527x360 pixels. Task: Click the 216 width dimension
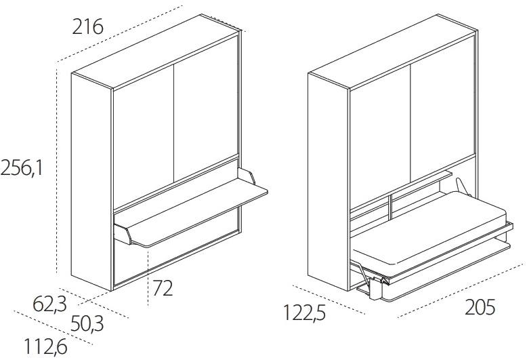[87, 27]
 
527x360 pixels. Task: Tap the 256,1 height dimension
[22, 167]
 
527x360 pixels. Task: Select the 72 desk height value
[163, 288]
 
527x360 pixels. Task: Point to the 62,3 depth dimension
[49, 304]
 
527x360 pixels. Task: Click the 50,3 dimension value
[87, 323]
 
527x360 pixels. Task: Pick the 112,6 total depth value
[45, 346]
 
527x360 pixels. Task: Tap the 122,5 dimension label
[305, 313]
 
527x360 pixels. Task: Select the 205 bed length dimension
[480, 307]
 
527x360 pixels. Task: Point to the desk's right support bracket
[247, 176]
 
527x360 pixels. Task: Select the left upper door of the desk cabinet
[144, 136]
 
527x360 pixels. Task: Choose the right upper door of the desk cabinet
[206, 108]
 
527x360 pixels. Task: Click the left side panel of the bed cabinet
[329, 182]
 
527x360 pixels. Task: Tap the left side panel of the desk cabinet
[91, 182]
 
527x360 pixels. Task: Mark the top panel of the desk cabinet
[156, 52]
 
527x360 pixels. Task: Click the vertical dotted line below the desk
[148, 277]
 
